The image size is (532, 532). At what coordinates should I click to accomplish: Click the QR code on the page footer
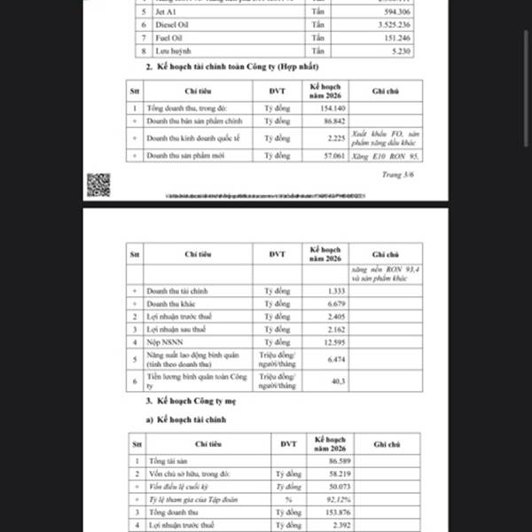[x=98, y=184]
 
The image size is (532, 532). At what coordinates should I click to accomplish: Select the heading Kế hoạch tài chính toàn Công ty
[x=225, y=67]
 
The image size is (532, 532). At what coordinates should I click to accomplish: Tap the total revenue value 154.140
[x=332, y=107]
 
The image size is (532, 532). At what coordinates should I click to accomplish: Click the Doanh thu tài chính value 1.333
[x=332, y=291]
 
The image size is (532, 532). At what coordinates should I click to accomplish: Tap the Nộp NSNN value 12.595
[x=331, y=341]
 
